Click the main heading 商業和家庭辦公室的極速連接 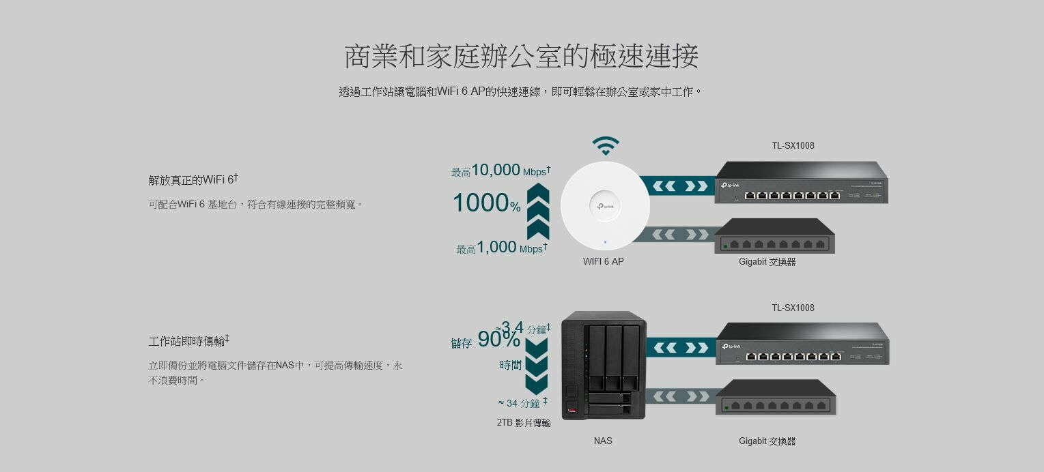pyautogui.click(x=521, y=56)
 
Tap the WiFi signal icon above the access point pyautogui.click(x=606, y=145)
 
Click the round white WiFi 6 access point pyautogui.click(x=605, y=206)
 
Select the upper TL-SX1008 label pyautogui.click(x=793, y=145)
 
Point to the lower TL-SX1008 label pyautogui.click(x=793, y=308)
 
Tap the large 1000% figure pyautogui.click(x=486, y=203)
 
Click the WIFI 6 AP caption pyautogui.click(x=603, y=261)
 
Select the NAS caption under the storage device pyautogui.click(x=603, y=441)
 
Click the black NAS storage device pyautogui.click(x=604, y=365)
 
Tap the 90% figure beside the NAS pyautogui.click(x=498, y=339)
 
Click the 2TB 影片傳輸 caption pyautogui.click(x=523, y=423)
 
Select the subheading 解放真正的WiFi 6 pyautogui.click(x=193, y=179)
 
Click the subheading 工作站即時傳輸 pyautogui.click(x=189, y=340)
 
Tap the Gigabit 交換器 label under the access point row pyautogui.click(x=767, y=262)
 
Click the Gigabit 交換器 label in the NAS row pyautogui.click(x=767, y=441)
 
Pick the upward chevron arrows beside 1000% pyautogui.click(x=538, y=211)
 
